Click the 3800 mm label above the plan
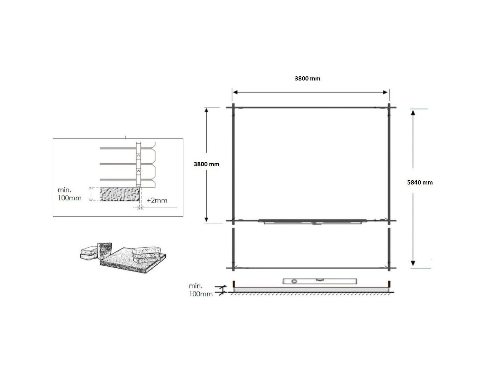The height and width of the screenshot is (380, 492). [307, 78]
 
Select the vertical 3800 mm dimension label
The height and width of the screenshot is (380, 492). [206, 164]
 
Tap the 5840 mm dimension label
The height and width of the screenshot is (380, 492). [420, 182]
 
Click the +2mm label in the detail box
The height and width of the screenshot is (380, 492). [157, 200]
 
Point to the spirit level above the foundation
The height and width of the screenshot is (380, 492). [320, 281]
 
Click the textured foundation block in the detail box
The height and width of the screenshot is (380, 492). [120, 194]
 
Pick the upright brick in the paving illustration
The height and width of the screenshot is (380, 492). [104, 251]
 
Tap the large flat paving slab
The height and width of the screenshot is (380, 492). [133, 260]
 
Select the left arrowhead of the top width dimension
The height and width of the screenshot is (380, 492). [235, 92]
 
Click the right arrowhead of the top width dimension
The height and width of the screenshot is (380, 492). [385, 92]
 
